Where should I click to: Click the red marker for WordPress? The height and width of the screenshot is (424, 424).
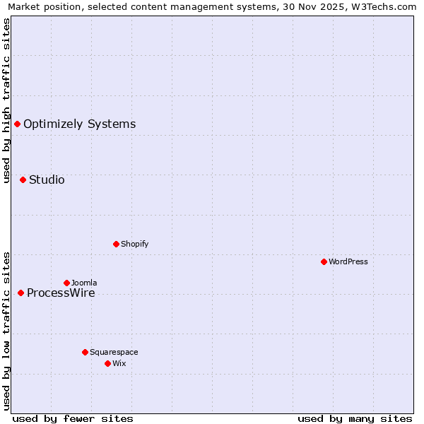point(324,261)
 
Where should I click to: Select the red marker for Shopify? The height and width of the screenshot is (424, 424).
point(116,244)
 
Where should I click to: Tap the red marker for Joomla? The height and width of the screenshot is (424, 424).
point(66,283)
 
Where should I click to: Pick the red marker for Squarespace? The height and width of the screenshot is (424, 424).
point(85,352)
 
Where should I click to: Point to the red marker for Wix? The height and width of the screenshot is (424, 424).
point(107,363)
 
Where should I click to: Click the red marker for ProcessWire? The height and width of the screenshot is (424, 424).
point(20,293)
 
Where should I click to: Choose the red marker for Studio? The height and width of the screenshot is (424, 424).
point(23,179)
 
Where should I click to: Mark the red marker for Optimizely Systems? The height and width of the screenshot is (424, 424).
point(17,124)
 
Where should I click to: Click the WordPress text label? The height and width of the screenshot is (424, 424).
point(348,261)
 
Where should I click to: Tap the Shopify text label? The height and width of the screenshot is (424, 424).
point(134,244)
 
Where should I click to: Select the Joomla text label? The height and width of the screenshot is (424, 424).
point(84,283)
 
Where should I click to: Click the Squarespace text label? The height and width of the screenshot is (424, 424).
point(114,352)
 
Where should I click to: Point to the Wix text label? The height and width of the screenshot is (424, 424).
point(119,363)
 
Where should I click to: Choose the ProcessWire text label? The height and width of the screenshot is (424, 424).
point(61,293)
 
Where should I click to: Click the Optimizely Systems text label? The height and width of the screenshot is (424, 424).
point(79,124)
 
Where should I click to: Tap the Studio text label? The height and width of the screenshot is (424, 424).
point(47,180)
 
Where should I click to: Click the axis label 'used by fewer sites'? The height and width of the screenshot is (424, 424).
point(73,418)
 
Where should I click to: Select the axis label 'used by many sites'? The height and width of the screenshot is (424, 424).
point(355,418)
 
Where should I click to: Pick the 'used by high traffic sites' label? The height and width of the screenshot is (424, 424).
point(6,100)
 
